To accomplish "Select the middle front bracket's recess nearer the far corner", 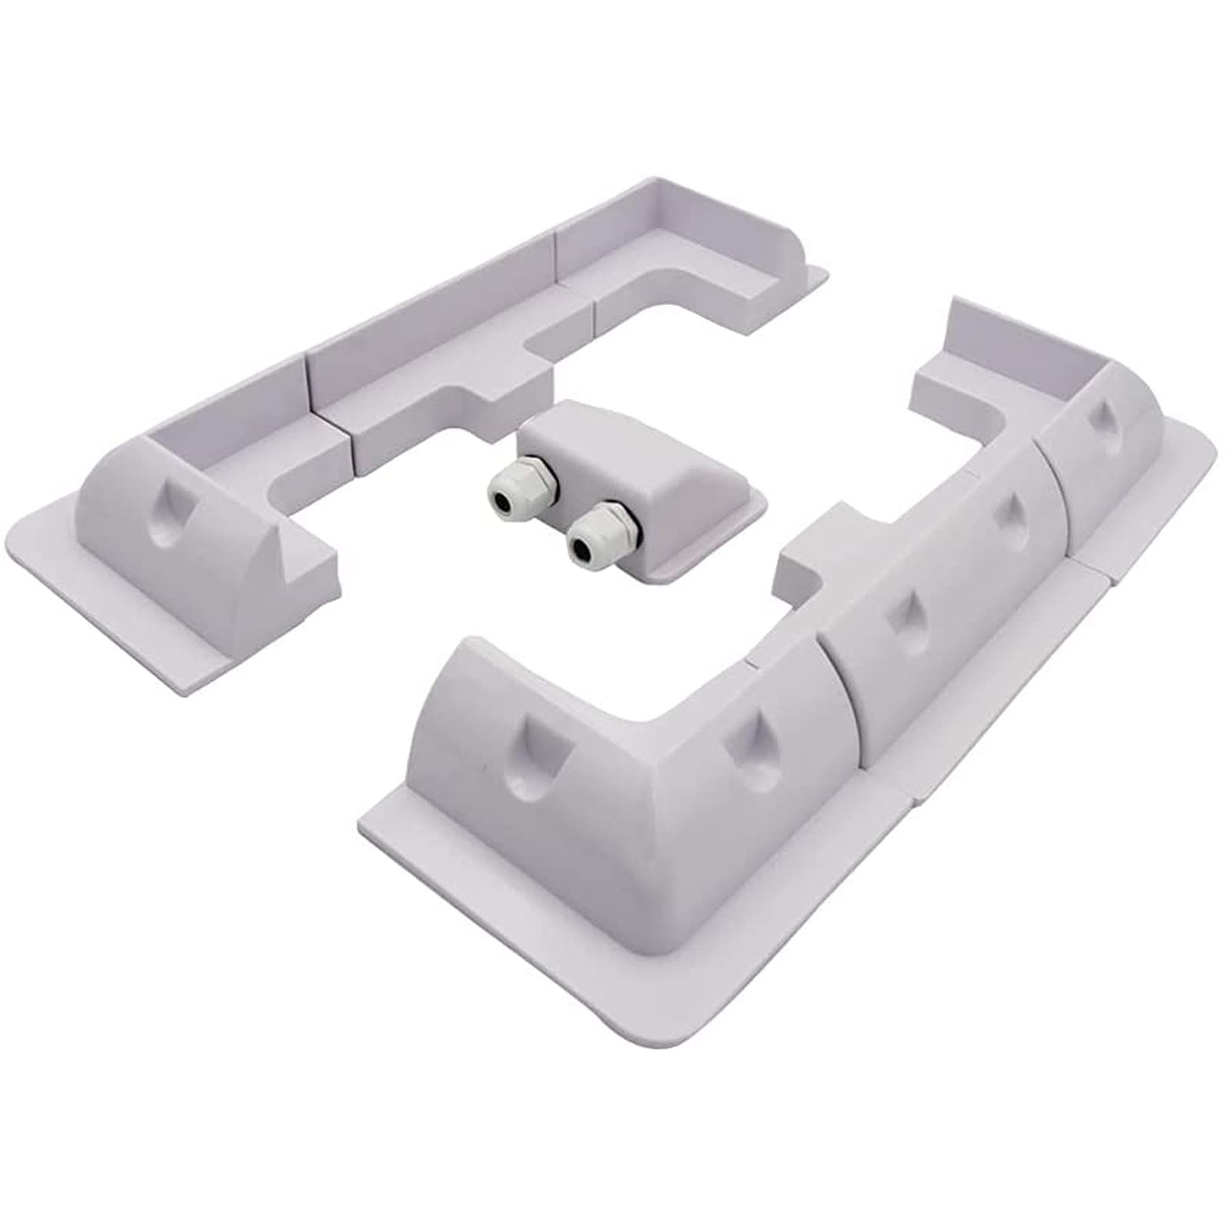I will [1004, 512].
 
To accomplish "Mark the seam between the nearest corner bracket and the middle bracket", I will [828, 693].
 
